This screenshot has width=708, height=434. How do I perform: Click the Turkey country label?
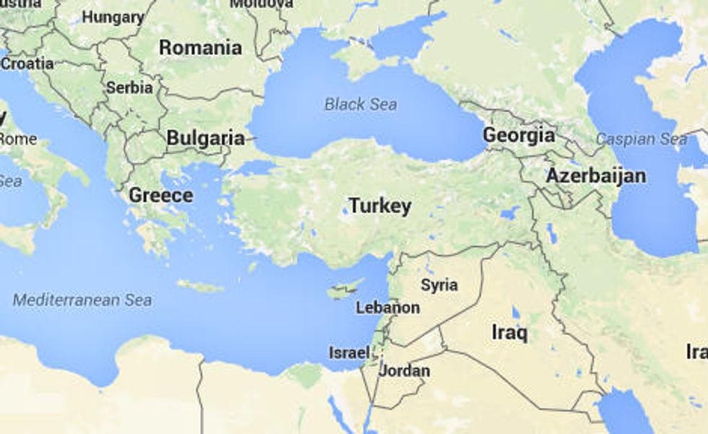(380, 206)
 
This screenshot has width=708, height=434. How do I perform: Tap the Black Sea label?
(360, 104)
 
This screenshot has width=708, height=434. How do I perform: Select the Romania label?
(200, 48)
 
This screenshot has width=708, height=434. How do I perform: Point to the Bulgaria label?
(205, 137)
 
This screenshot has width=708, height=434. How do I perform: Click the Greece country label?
(160, 195)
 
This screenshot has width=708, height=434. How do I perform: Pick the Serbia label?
(129, 88)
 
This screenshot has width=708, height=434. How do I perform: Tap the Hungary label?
(113, 17)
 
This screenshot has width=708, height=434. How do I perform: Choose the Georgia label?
(519, 135)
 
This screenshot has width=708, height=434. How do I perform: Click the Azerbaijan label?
(596, 175)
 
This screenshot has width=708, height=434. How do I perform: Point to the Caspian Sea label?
(642, 139)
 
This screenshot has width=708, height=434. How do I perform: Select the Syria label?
(439, 285)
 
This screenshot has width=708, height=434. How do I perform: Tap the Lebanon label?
(388, 308)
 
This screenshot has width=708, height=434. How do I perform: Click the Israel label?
(349, 353)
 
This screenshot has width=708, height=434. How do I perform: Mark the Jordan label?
(405, 371)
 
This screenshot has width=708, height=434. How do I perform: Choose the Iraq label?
(509, 333)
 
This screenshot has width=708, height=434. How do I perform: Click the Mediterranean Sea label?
(82, 300)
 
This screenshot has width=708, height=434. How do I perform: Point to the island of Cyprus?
(344, 291)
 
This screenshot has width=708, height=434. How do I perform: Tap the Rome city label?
(19, 139)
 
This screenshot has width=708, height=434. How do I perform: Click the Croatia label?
(27, 64)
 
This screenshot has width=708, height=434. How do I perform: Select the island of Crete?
(200, 286)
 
